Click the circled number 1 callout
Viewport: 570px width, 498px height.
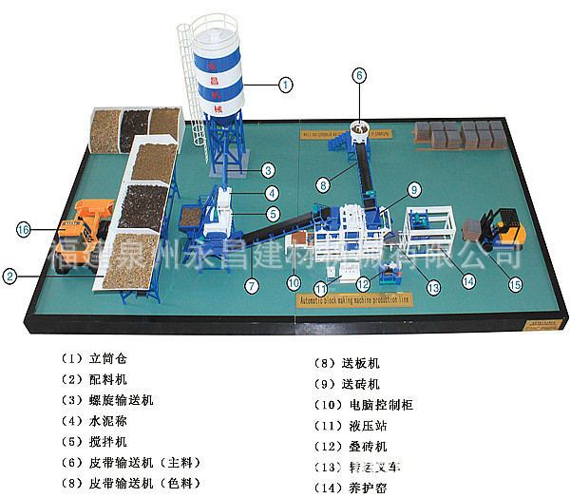pos(285,85)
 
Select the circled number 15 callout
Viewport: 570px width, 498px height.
pos(516,281)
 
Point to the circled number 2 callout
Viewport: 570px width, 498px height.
pos(9,278)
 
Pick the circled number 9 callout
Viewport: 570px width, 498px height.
pos(414,189)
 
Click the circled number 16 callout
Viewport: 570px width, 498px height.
pos(23,228)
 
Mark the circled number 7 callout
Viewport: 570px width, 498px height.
pos(252,284)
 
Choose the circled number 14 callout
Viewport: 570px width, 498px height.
pos(468,281)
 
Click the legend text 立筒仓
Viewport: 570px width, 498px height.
pos(106,360)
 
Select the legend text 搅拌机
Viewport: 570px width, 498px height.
pos(106,441)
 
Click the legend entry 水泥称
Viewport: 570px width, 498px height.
pos(106,421)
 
